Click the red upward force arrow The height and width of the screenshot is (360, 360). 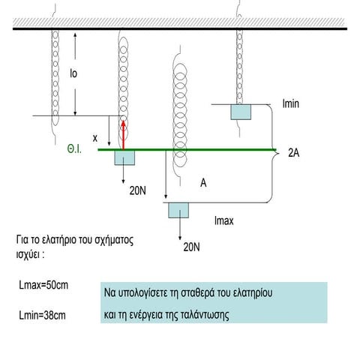point(123,135)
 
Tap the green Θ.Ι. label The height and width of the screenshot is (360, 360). point(74,149)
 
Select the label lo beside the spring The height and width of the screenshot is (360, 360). point(73,73)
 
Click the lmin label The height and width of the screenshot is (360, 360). point(290,103)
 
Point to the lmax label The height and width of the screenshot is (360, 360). point(224,220)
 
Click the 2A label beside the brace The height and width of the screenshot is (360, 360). point(294,153)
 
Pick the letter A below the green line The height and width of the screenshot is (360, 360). point(203,183)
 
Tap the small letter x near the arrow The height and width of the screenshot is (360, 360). point(95,138)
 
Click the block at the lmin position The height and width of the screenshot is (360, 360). point(241,112)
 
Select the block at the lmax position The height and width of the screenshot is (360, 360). point(178,210)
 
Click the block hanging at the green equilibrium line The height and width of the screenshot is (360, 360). point(124,157)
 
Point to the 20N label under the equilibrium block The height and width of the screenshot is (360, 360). point(137,190)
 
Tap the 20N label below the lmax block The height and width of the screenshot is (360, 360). point(191,247)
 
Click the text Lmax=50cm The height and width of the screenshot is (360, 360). point(43,285)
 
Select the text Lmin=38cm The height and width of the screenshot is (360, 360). point(42,315)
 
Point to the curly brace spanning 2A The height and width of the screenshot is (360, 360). point(272,153)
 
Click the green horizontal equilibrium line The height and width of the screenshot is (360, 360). point(187,150)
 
